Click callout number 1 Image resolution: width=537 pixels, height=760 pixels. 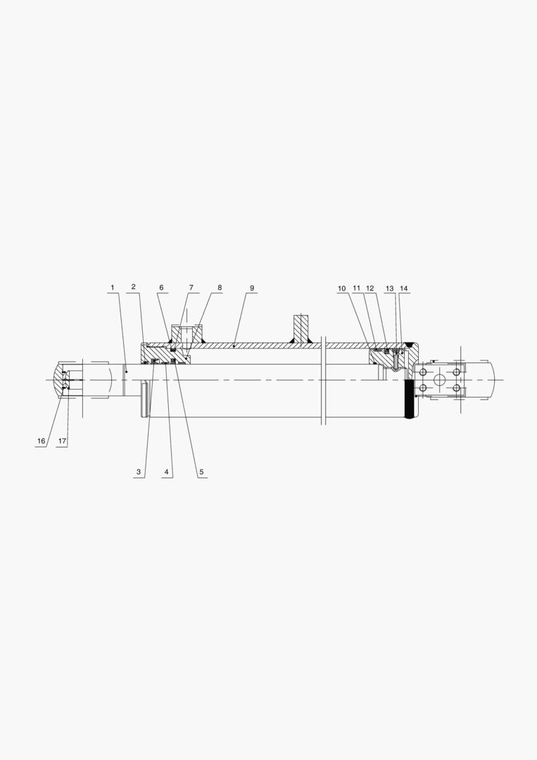[111, 288]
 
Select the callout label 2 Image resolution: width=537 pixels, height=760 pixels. [133, 288]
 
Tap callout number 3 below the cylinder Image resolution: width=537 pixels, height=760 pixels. [139, 472]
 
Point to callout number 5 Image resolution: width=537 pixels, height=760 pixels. [201, 472]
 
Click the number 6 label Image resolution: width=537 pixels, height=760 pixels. [161, 288]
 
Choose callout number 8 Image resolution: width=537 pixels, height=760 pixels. [220, 288]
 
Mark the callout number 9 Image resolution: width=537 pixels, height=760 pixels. [252, 288]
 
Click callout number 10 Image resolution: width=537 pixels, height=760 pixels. [342, 289]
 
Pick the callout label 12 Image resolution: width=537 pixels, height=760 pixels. [370, 289]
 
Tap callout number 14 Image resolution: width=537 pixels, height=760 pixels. [403, 289]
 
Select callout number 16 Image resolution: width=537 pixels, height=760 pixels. [41, 441]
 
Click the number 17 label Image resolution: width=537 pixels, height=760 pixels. [62, 441]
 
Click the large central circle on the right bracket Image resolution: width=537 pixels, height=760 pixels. [440, 380]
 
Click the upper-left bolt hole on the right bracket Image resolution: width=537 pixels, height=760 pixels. [423, 372]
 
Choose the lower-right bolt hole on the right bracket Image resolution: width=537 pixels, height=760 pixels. [457, 388]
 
